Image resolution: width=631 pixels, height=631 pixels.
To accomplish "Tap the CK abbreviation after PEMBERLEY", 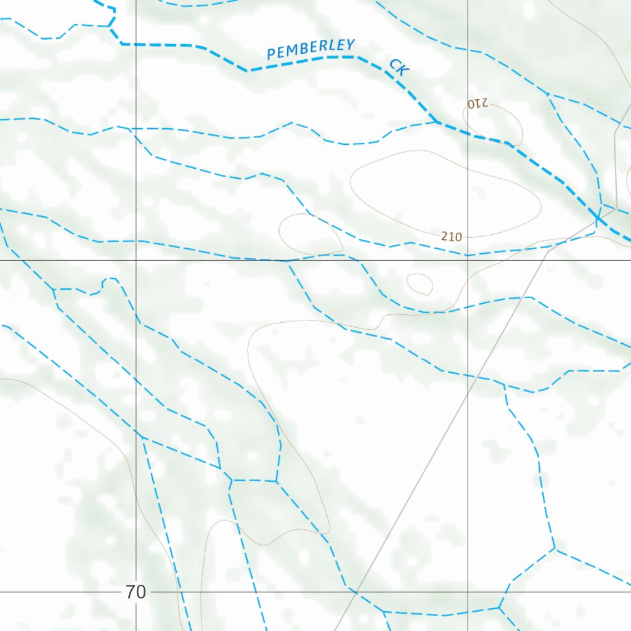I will click(399, 67).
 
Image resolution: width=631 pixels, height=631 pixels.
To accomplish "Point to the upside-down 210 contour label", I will click(477, 104).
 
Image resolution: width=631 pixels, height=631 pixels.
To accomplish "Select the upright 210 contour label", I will click(452, 235).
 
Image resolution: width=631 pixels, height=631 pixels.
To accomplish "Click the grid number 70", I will click(136, 593).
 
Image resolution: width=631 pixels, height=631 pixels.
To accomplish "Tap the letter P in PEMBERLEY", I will click(271, 55).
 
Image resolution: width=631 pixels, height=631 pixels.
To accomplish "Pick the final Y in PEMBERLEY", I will click(351, 44).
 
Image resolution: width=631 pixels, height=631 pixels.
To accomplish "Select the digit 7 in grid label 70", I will click(131, 593).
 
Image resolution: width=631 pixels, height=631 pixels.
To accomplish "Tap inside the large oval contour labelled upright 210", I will click(444, 191).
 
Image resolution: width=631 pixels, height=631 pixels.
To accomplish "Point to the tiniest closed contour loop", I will click(420, 283).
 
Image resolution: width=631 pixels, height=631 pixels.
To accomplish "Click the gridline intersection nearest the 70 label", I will click(136, 592).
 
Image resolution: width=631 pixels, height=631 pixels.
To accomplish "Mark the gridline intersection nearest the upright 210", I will click(468, 260).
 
